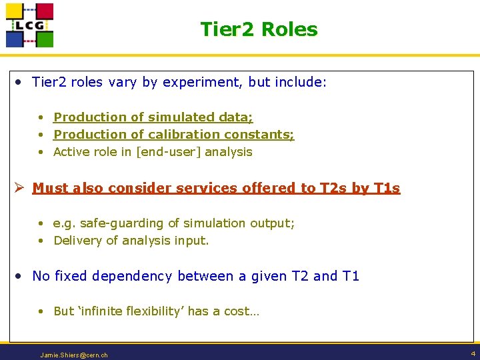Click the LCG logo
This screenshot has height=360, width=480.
[29, 25]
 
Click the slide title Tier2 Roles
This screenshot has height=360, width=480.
[259, 29]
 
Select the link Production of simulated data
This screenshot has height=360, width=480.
[153, 117]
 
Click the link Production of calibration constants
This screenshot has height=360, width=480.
[173, 135]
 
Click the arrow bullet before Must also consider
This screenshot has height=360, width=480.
[20, 188]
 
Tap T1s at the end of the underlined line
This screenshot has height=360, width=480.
[386, 188]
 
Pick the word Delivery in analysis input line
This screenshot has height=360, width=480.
[75, 241]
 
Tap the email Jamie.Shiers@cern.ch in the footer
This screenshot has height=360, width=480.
[73, 355]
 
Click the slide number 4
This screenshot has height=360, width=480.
[473, 353]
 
